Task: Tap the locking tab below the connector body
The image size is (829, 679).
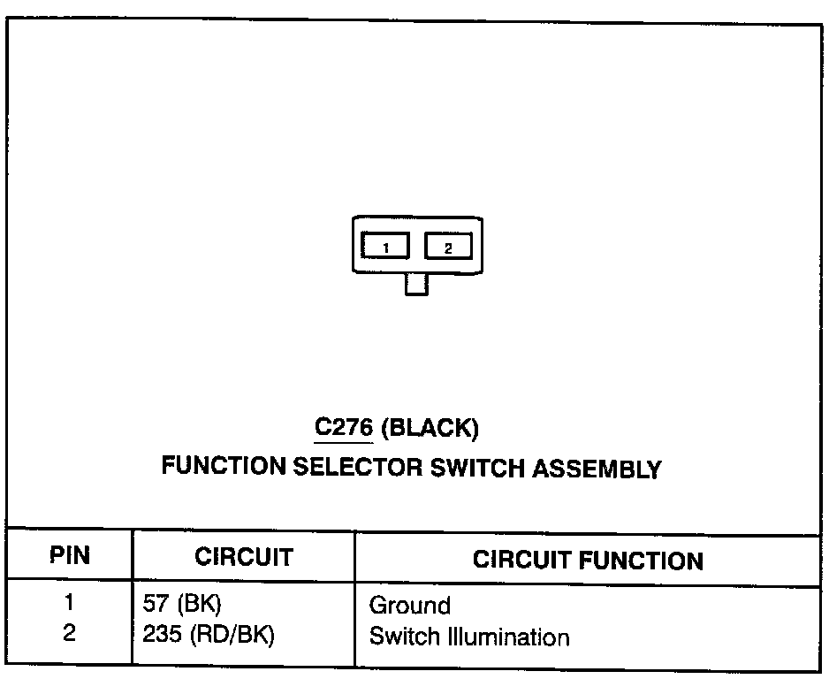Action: pos(416,284)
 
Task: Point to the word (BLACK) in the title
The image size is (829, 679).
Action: pos(431,430)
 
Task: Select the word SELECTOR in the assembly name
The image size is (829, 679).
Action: pos(358,467)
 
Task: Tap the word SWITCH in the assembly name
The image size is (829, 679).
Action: pos(478,467)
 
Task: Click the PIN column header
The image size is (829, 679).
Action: pos(69,556)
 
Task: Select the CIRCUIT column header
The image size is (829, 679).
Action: pos(243,557)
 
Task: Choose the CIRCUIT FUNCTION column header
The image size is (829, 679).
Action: pos(588,560)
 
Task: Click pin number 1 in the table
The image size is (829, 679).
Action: pos(69,605)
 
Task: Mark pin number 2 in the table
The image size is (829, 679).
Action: pos(69,635)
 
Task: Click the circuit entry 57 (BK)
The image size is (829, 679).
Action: pos(181,606)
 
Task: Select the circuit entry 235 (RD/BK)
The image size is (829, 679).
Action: pos(208,636)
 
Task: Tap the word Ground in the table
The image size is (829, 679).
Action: pos(409,606)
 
